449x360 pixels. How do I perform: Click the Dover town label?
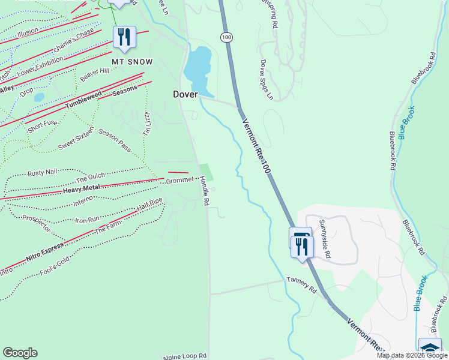tap(185, 94)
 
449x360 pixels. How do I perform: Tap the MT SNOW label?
tap(132, 62)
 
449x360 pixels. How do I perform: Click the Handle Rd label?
tap(204, 191)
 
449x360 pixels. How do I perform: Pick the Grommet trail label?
tap(180, 180)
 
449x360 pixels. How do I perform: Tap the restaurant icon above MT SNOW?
tap(124, 38)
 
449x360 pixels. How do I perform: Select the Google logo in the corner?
tap(20, 353)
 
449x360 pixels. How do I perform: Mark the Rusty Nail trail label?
tap(42, 173)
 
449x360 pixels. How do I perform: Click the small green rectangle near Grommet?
tap(206, 170)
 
